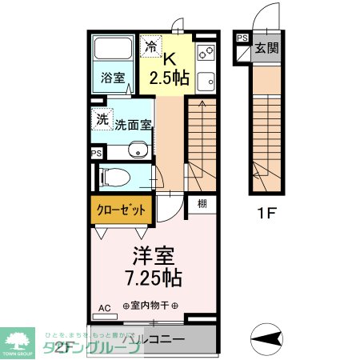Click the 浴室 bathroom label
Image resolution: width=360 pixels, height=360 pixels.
coord(113,78)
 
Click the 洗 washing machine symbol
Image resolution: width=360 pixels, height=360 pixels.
coord(101,118)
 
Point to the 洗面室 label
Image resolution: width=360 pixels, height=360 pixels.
coord(133,124)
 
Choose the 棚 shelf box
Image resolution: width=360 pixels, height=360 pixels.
coord(202,204)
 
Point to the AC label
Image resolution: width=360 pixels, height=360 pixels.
coord(104,307)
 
